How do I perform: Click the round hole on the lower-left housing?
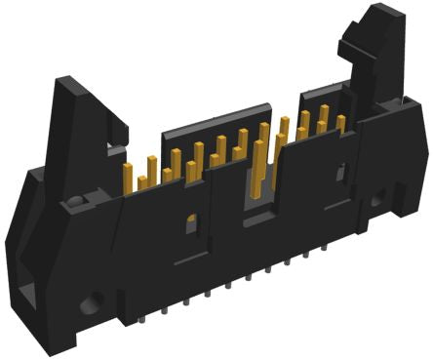(96, 302)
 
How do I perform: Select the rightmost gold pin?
(340, 123)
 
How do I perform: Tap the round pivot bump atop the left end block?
(76, 202)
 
